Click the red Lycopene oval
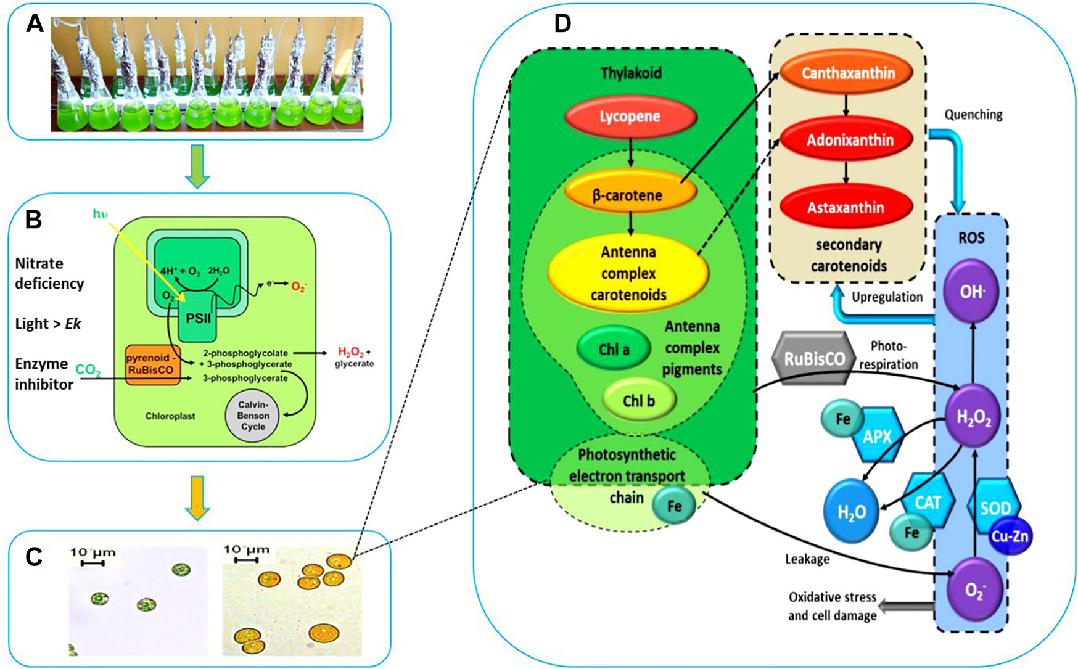click(x=630, y=117)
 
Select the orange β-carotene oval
click(x=627, y=195)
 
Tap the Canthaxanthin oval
click(x=848, y=73)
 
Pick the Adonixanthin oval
click(x=849, y=140)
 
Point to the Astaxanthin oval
click(x=846, y=208)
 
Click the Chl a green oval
click(x=614, y=349)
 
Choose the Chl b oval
click(x=638, y=400)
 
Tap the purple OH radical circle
click(x=971, y=291)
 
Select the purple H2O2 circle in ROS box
click(x=973, y=418)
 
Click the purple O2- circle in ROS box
click(x=974, y=589)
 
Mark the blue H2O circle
click(x=852, y=512)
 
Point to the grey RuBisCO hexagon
click(x=814, y=359)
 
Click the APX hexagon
click(x=877, y=436)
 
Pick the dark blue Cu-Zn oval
click(x=1009, y=536)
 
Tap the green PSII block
click(x=199, y=319)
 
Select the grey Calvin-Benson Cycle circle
click(x=253, y=416)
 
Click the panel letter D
click(x=562, y=23)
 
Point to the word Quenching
click(x=973, y=115)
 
